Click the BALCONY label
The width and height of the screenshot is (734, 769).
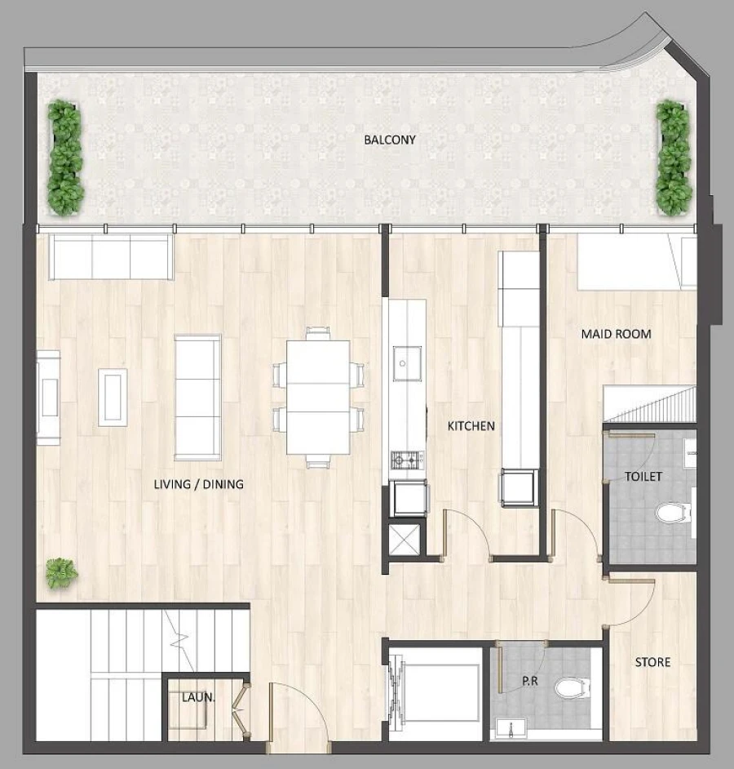pyautogui.click(x=389, y=140)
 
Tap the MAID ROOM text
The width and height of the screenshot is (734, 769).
pyautogui.click(x=616, y=334)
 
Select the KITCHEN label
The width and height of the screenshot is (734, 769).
pyautogui.click(x=471, y=426)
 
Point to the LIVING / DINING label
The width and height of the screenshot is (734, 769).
pyautogui.click(x=198, y=484)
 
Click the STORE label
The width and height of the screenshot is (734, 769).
pyautogui.click(x=652, y=662)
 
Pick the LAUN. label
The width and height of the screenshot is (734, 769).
pyautogui.click(x=197, y=697)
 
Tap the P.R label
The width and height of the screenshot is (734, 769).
pyautogui.click(x=530, y=679)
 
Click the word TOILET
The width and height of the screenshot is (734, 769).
pyautogui.click(x=643, y=476)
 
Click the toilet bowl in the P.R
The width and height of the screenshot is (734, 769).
pyautogui.click(x=571, y=688)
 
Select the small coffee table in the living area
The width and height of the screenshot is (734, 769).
pyautogui.click(x=113, y=397)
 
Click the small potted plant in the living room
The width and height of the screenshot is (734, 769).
pyautogui.click(x=61, y=572)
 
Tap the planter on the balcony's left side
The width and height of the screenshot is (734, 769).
pyautogui.click(x=64, y=157)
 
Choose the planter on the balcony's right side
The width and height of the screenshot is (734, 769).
pyautogui.click(x=674, y=157)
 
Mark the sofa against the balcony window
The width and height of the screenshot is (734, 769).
pyautogui.click(x=110, y=256)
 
